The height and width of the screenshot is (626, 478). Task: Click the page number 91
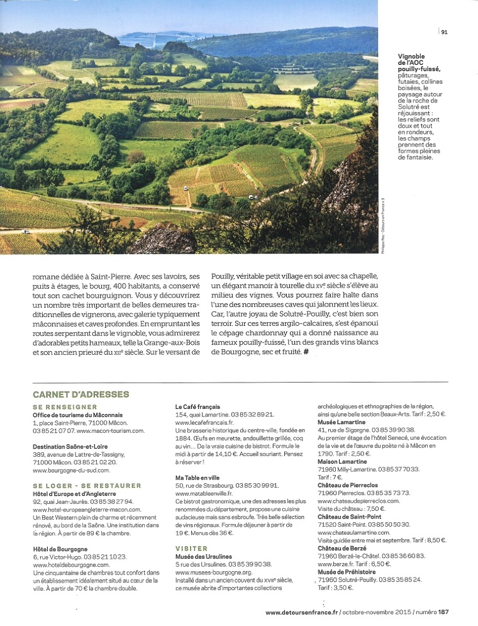point(444,31)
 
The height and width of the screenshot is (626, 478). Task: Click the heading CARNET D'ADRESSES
point(81,394)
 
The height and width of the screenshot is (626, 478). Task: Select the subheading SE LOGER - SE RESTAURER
point(87,486)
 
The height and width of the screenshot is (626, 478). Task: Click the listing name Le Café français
point(197,407)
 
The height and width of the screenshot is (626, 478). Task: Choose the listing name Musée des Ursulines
point(203,556)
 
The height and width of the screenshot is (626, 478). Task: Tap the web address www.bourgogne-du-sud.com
point(71,470)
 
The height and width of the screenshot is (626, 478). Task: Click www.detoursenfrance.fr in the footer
point(302,612)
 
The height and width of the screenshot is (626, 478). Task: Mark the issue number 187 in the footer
point(444,612)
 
